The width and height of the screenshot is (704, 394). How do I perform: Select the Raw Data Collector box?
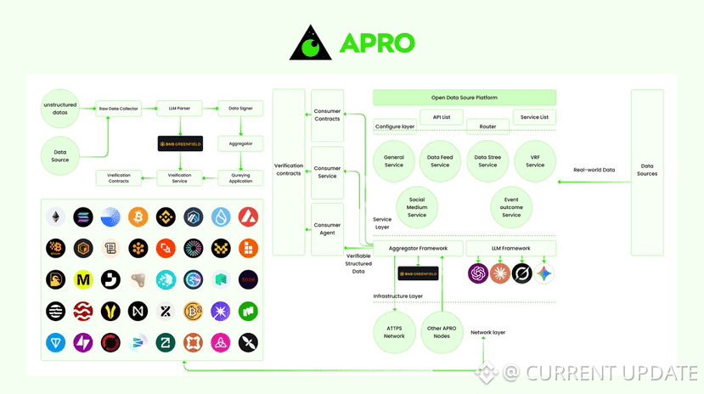click(x=118, y=108)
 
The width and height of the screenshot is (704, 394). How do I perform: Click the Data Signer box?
click(x=241, y=108)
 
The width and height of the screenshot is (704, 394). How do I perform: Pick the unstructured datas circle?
click(x=60, y=108)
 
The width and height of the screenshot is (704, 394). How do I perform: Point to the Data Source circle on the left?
click(x=60, y=155)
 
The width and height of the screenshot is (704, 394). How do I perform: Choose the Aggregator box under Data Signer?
click(x=241, y=144)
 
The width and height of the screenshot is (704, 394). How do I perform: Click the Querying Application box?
click(x=241, y=178)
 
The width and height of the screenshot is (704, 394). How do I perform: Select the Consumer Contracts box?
click(x=327, y=115)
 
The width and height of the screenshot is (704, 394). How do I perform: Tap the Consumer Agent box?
click(x=327, y=229)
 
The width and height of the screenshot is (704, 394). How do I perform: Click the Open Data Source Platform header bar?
click(x=465, y=98)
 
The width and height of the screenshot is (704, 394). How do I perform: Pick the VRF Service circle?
click(x=535, y=161)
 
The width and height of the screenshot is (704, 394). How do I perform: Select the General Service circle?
click(x=394, y=161)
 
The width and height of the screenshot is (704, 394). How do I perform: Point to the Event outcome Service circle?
click(x=511, y=207)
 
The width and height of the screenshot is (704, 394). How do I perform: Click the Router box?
click(x=487, y=127)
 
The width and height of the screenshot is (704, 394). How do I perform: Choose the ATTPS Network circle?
click(x=394, y=332)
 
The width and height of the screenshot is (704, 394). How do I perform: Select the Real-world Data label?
click(x=594, y=170)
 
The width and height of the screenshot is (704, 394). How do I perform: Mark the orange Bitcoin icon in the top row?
click(x=138, y=217)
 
